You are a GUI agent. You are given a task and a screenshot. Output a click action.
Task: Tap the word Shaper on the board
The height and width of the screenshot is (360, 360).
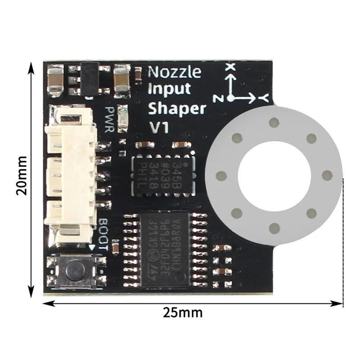[x=177, y=109]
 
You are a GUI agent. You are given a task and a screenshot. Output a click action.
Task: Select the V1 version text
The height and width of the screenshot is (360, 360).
[x=158, y=127]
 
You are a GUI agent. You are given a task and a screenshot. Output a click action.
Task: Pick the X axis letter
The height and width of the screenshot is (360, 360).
[x=231, y=67]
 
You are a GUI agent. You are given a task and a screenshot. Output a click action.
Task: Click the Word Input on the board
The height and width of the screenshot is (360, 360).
[x=169, y=89]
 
